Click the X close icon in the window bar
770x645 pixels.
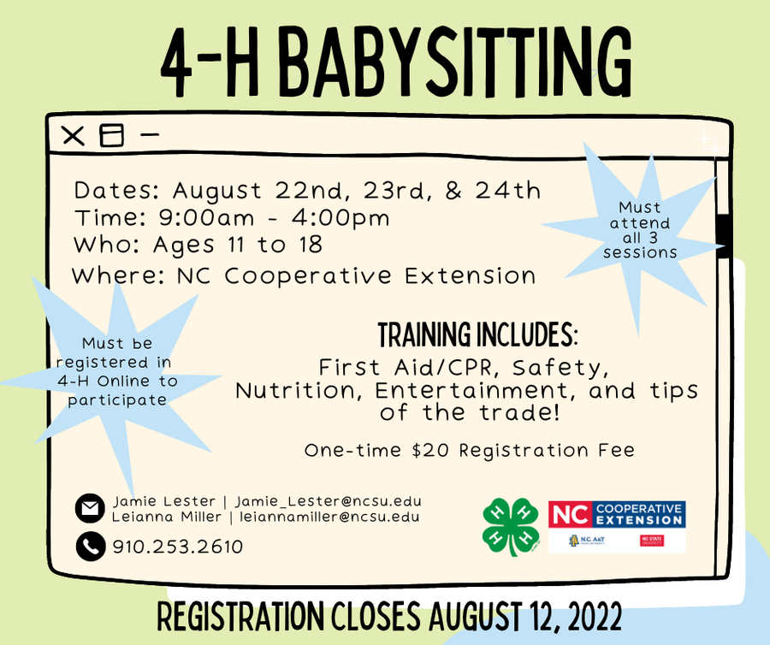click(x=74, y=135)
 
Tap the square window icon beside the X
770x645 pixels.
click(x=111, y=135)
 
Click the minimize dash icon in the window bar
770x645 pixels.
click(x=150, y=134)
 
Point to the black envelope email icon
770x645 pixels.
click(x=89, y=508)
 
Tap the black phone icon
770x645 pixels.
click(x=89, y=546)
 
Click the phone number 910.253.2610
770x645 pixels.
click(x=178, y=547)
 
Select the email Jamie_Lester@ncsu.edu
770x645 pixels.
click(x=329, y=501)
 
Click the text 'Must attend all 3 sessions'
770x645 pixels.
click(x=640, y=230)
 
